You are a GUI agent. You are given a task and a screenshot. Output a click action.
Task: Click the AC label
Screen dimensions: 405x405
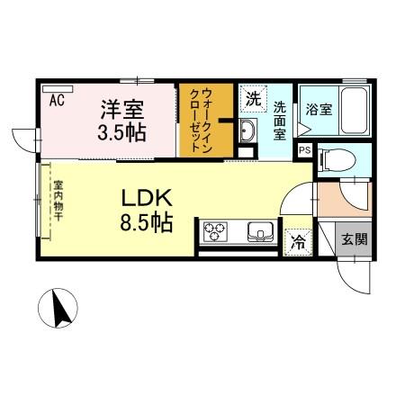pos(57,99)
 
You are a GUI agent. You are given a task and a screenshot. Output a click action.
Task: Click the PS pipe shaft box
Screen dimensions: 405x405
pos(304,150)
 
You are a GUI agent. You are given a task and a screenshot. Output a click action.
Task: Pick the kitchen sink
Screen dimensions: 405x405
pos(261,233)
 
